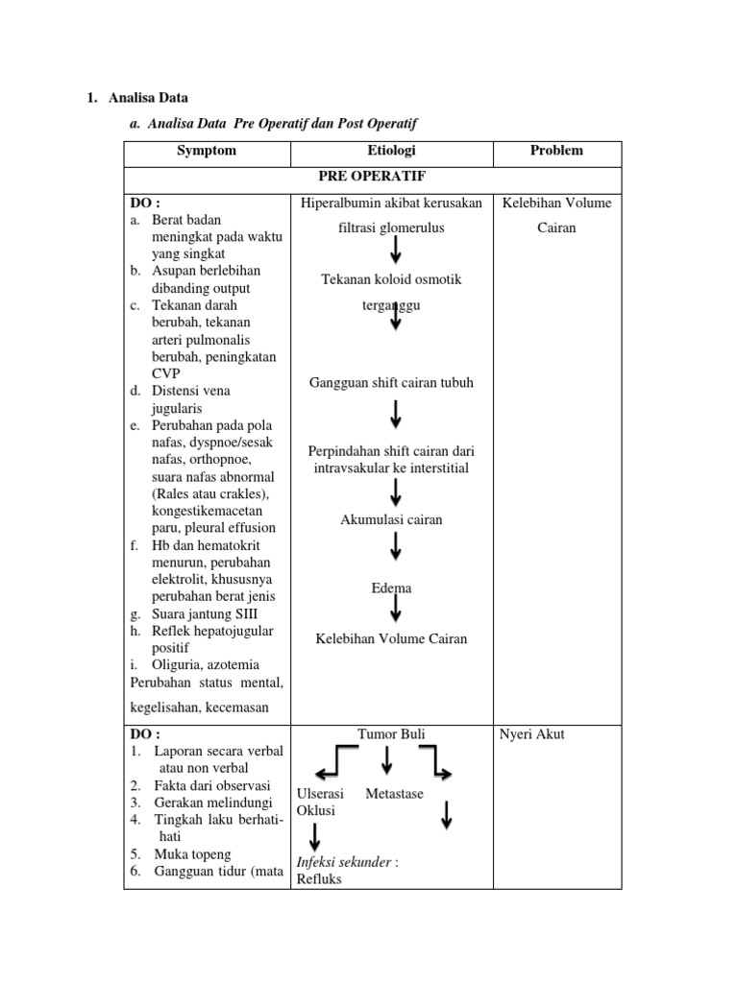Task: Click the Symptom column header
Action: (206, 151)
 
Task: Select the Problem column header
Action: (556, 151)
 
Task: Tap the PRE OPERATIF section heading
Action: (372, 178)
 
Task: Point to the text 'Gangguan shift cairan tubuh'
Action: (391, 383)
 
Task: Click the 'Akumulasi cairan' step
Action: (391, 519)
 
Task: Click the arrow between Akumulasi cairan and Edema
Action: (396, 547)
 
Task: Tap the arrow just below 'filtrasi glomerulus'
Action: (396, 251)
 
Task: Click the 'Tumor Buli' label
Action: (391, 734)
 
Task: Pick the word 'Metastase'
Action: (394, 794)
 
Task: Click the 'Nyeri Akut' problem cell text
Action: (531, 734)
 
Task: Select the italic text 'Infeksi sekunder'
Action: (344, 861)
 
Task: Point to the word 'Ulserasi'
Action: (321, 794)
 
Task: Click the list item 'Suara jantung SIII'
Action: (205, 613)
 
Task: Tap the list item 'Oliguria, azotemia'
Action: (205, 663)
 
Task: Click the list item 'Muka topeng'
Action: (191, 853)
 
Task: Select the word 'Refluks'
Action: (319, 878)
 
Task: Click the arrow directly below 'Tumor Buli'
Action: (386, 759)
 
